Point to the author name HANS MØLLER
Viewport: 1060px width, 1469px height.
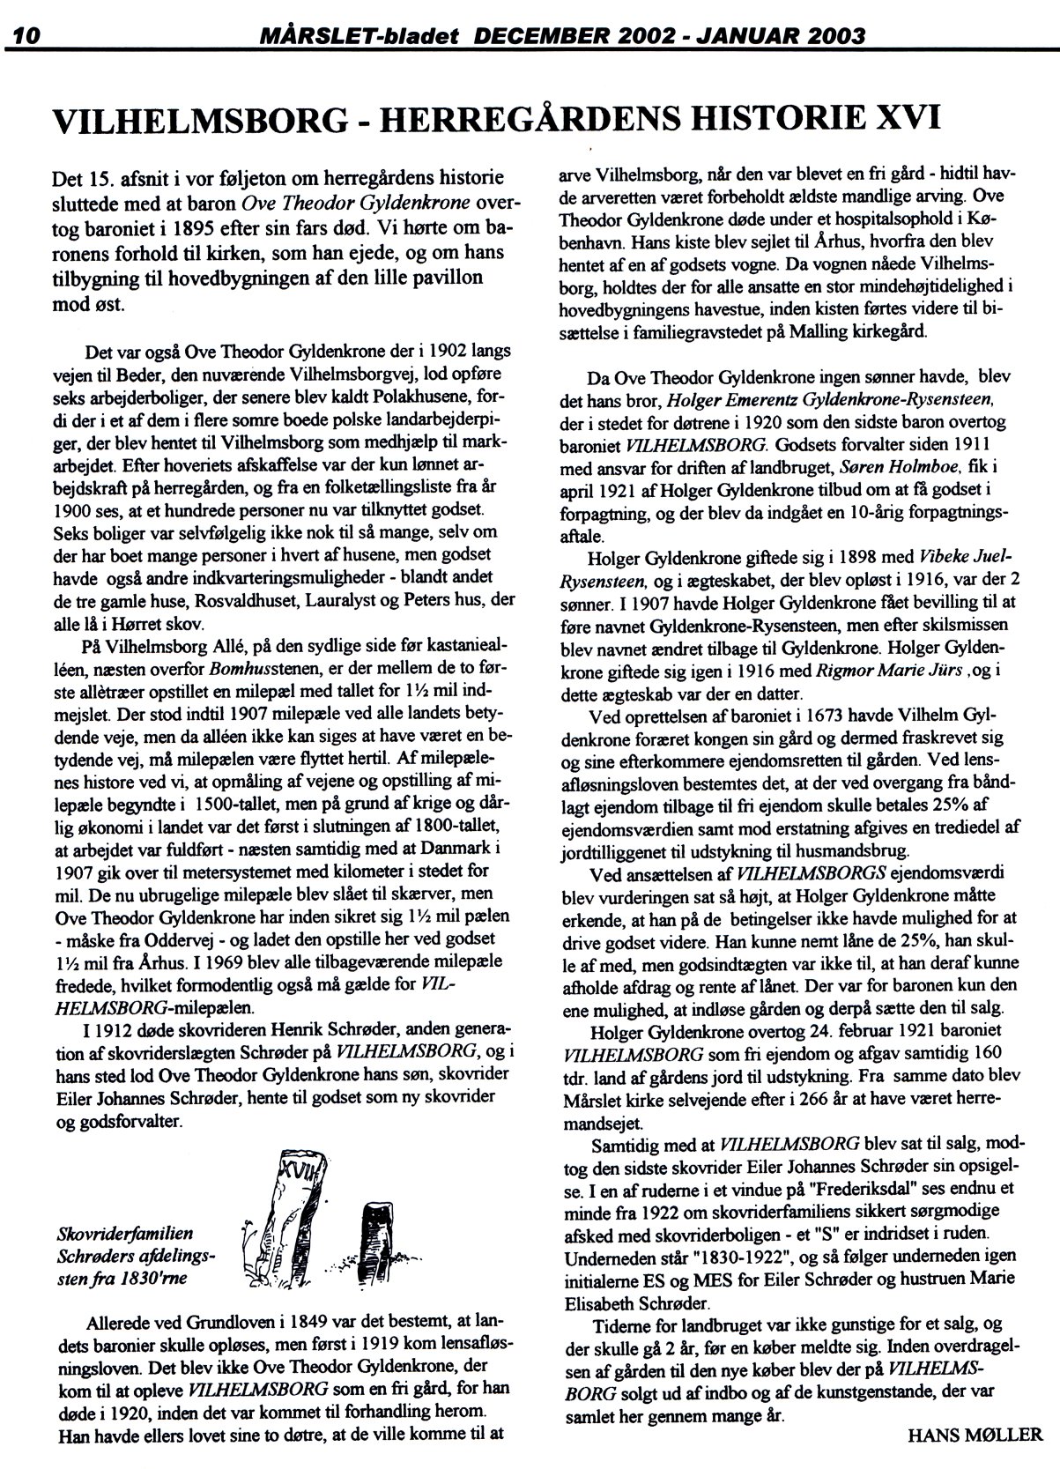pos(974,1434)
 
